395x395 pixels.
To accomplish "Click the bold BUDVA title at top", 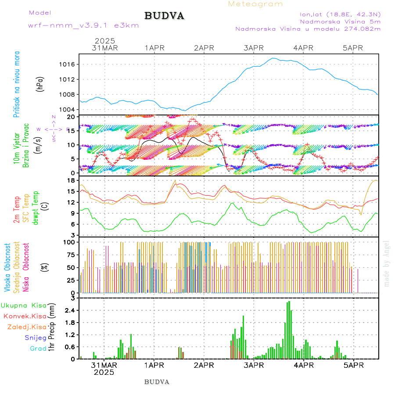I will [164, 16].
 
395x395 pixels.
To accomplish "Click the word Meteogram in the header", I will [255, 4].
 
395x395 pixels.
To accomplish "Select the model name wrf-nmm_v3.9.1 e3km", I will [83, 25].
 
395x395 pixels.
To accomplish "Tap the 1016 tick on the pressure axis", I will [67, 64].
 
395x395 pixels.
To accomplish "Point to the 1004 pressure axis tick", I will [67, 109].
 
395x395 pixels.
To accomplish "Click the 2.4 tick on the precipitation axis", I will [70, 310].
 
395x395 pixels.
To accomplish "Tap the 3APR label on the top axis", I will [253, 48].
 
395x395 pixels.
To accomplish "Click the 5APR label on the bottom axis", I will [352, 365].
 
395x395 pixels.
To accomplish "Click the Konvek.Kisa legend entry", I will [25, 316].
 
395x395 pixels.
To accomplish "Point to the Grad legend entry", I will [38, 348].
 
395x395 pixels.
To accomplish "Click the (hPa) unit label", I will [40, 84].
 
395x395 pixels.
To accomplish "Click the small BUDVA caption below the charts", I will [157, 382].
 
